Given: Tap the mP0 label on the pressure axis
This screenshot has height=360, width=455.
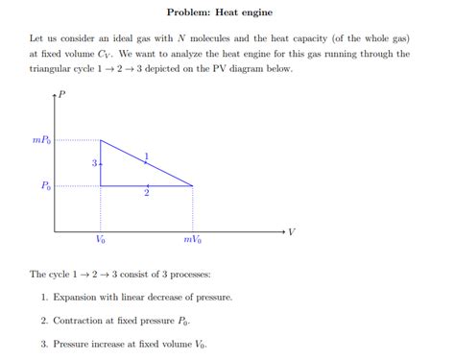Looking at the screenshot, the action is pos(43,140).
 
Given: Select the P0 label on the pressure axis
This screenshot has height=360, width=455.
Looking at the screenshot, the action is pos(46,186).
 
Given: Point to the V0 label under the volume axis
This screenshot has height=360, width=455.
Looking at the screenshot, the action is pos(101,240).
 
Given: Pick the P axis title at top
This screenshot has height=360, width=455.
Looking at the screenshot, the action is pos(62,93).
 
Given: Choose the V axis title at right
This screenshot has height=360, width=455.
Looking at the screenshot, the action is pos(292,231).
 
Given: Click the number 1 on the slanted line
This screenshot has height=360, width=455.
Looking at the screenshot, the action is pos(146,156).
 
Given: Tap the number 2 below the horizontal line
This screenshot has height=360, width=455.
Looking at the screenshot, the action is pos(146,194).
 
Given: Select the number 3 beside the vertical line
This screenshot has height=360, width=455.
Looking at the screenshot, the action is pos(94,163).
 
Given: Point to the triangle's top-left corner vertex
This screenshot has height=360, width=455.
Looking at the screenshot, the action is pos(101,140).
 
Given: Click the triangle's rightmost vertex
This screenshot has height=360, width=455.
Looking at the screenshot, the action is pos(193,185).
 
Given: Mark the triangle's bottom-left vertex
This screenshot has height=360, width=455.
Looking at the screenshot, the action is pos(101,185).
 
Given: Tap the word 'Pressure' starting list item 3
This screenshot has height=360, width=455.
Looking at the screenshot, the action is pos(73,343).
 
